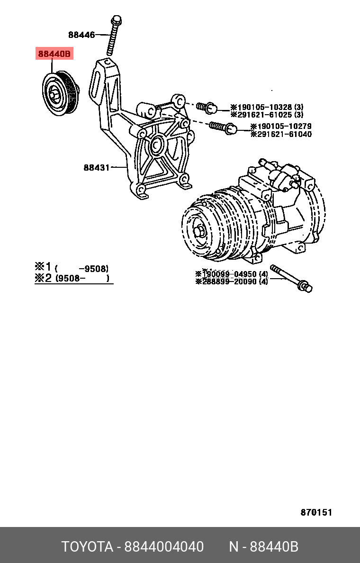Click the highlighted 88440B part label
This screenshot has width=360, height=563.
point(54,54)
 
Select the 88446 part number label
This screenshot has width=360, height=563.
point(81,35)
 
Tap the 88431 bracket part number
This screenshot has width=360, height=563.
point(97,167)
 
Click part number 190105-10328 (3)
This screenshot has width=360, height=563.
point(267,108)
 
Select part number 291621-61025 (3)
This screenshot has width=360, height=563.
point(267,115)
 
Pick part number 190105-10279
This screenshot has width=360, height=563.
point(281,127)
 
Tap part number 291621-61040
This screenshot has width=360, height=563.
point(281,134)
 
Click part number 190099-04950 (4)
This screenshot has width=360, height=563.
point(232,274)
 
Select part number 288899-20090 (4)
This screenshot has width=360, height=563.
point(232,281)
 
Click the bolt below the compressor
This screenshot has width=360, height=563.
point(291,279)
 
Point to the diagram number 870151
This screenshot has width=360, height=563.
point(316,513)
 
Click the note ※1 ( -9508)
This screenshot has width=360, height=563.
point(72,267)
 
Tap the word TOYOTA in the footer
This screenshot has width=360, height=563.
point(87,546)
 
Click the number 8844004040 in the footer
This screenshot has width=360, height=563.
point(164,546)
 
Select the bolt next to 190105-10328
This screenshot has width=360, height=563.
point(207,107)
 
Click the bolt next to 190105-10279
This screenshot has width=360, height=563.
point(223,127)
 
